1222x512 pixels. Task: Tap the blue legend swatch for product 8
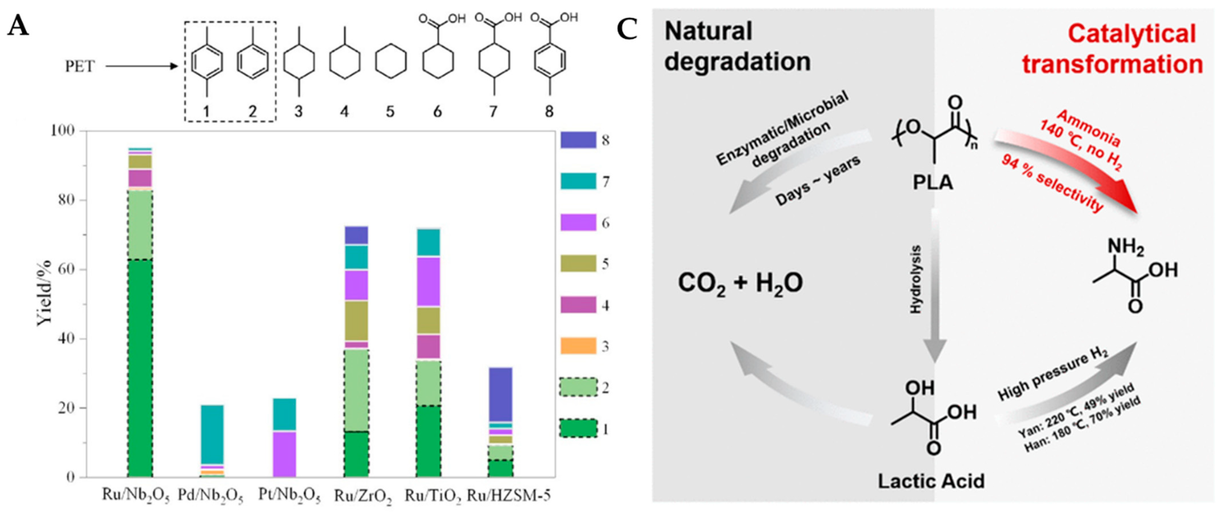point(578,140)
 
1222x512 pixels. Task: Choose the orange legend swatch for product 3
point(578,346)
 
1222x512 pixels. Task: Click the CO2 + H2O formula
point(740,284)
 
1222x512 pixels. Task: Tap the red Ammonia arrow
point(1067,166)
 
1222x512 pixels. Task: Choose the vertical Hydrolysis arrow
point(934,284)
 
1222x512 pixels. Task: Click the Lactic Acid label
point(931,481)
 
